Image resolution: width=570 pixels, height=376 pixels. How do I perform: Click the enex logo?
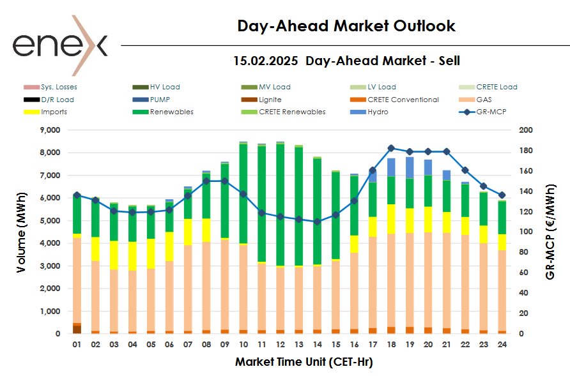[60, 45]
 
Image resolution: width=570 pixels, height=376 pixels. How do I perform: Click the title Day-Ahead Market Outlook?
[346, 26]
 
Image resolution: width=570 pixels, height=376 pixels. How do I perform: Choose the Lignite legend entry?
[270, 100]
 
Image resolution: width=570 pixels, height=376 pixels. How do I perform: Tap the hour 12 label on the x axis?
[281, 344]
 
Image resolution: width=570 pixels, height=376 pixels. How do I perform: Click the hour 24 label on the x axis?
[503, 344]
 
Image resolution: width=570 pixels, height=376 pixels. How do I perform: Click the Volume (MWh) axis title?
[22, 231]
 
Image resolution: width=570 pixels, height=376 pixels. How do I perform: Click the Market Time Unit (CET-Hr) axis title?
[304, 362]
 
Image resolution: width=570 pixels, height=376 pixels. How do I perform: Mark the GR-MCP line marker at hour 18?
[392, 148]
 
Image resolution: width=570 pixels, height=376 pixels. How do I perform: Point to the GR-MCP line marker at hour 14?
[318, 222]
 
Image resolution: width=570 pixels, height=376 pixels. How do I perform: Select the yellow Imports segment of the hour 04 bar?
[132, 256]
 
